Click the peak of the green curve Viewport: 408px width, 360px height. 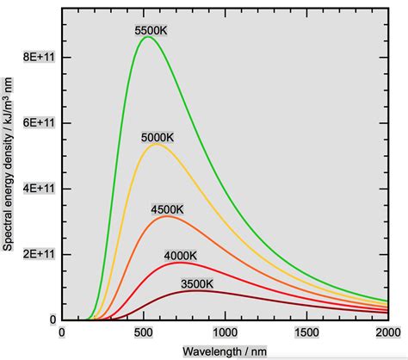147,37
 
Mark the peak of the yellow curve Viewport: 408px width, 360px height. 156,144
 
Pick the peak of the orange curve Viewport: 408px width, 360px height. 166,216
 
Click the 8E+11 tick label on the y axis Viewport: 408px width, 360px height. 34,57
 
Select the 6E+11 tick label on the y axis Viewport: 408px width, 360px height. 34,122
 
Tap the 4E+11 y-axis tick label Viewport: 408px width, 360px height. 34,188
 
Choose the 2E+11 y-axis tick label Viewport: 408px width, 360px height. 34,253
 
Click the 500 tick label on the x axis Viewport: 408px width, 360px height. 143,332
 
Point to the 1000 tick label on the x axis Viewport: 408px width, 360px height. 225,332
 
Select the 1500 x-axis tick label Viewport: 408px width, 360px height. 306,332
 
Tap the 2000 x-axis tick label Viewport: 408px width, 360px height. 387,332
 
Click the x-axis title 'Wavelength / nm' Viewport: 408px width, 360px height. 224,351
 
